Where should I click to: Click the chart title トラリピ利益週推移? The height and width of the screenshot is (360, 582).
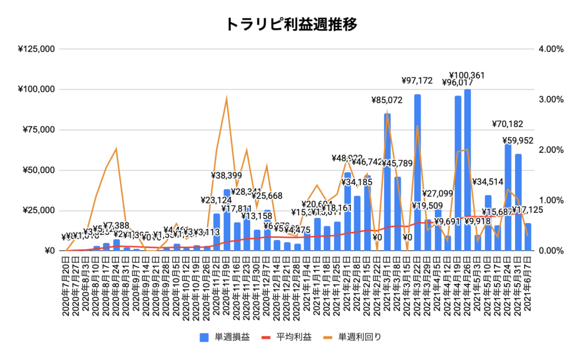[290, 23]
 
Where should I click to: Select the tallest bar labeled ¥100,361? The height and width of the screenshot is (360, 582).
[468, 171]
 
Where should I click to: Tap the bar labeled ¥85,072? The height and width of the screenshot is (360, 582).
[387, 182]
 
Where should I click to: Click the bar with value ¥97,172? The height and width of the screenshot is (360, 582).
[418, 171]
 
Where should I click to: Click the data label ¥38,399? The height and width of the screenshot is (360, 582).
[227, 176]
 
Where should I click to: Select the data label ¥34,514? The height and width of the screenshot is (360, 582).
[488, 182]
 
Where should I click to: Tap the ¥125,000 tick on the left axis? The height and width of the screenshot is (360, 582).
[36, 49]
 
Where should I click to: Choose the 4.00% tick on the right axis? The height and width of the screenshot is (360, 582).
[550, 49]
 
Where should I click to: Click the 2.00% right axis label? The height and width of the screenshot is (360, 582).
[550, 150]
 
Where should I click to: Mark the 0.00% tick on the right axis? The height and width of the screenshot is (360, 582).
[550, 251]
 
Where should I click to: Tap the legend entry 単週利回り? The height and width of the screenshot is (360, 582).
[359, 337]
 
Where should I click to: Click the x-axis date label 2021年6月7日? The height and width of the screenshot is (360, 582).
[528, 283]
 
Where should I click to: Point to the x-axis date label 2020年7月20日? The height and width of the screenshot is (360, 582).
[66, 283]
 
